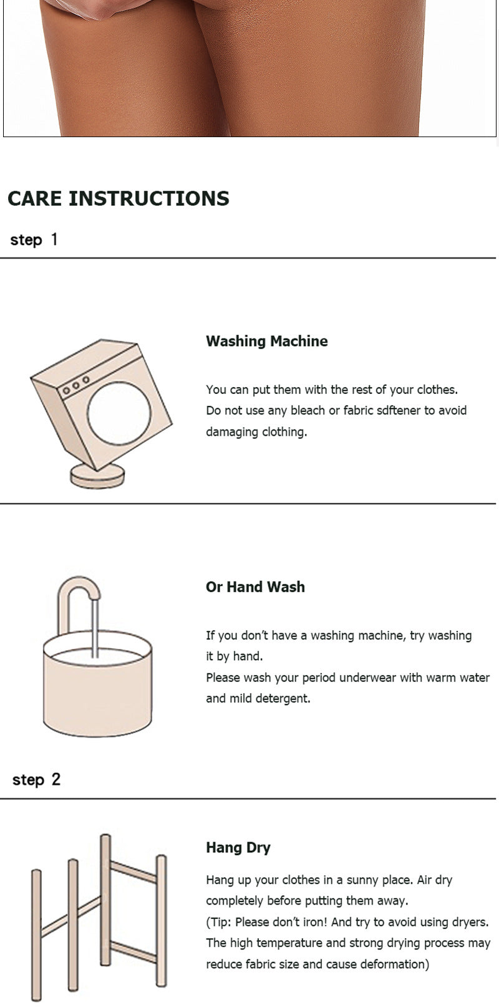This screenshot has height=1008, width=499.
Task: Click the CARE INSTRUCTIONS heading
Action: (x=119, y=198)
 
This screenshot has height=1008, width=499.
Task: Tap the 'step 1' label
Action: (x=34, y=240)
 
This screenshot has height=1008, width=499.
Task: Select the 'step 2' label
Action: (x=36, y=780)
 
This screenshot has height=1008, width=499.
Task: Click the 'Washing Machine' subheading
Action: (x=266, y=341)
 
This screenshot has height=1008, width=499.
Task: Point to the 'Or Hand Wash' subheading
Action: (x=255, y=587)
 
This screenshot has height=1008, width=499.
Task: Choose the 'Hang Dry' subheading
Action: (x=238, y=848)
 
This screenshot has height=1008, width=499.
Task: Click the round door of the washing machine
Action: (x=119, y=413)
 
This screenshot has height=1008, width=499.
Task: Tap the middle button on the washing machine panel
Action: (x=75, y=385)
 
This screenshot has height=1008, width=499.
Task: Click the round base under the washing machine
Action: (x=97, y=476)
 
